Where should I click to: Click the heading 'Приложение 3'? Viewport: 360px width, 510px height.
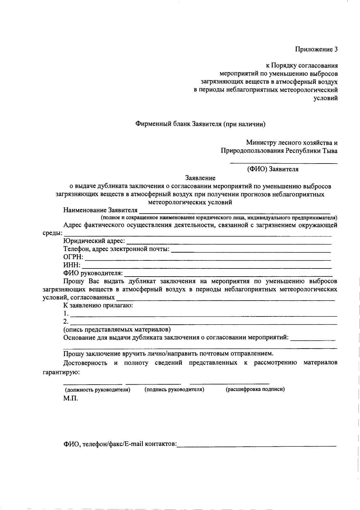tap(316, 49)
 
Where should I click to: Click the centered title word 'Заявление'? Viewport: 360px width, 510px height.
tap(200, 178)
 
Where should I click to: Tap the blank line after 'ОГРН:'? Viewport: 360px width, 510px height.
tap(207, 260)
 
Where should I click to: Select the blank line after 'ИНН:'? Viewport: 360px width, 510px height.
tap(207, 267)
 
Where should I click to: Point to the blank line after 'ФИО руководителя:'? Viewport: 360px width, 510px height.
tap(228, 275)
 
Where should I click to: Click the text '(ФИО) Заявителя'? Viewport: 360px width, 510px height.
tap(273, 169)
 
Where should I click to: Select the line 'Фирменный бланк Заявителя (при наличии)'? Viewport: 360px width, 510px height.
tap(200, 124)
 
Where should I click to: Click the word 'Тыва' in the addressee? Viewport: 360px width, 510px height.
tap(330, 151)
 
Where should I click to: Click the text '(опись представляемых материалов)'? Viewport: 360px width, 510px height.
tap(117, 329)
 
